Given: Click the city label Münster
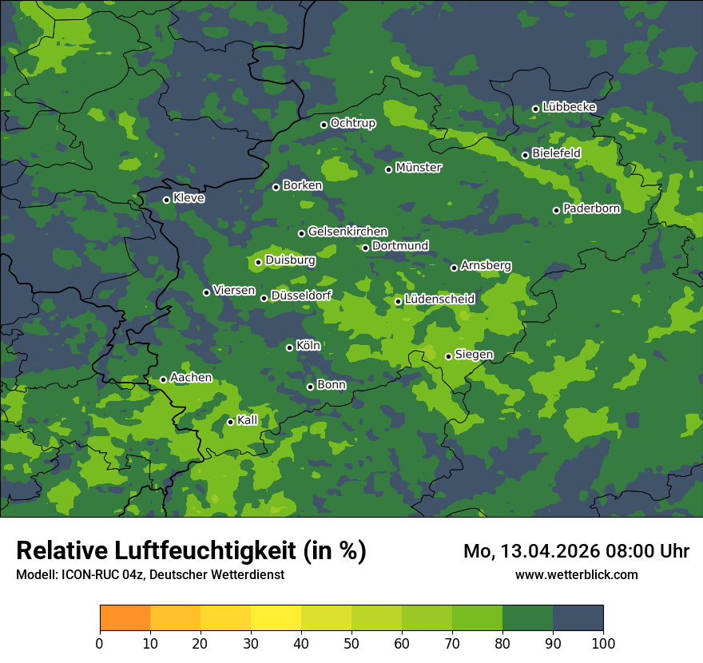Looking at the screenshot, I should point(418,168).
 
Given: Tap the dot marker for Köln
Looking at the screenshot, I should point(289,347).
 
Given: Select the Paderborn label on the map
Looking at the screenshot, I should point(591,208).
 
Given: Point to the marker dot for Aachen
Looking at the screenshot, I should point(163,379).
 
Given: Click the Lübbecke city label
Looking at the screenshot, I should point(569,107).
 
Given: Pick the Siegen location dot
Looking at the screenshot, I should point(448,356).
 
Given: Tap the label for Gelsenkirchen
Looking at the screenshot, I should point(348,232).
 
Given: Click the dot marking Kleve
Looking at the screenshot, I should point(166,200).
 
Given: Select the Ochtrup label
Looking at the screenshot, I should point(352,123).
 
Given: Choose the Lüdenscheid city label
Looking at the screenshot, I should point(439,300).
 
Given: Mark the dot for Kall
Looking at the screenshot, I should point(230,422).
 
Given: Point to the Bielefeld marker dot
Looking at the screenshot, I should point(525,155).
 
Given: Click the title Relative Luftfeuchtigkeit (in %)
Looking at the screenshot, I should point(191,551).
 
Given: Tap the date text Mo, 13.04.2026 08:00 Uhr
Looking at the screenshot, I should point(576,551).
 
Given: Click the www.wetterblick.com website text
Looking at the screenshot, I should point(576,574).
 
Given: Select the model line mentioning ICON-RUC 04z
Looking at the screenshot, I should point(150,575).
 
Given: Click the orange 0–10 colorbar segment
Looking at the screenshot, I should point(125,618).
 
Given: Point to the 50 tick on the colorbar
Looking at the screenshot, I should point(351,643).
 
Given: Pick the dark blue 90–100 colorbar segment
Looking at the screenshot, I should point(578,618).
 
